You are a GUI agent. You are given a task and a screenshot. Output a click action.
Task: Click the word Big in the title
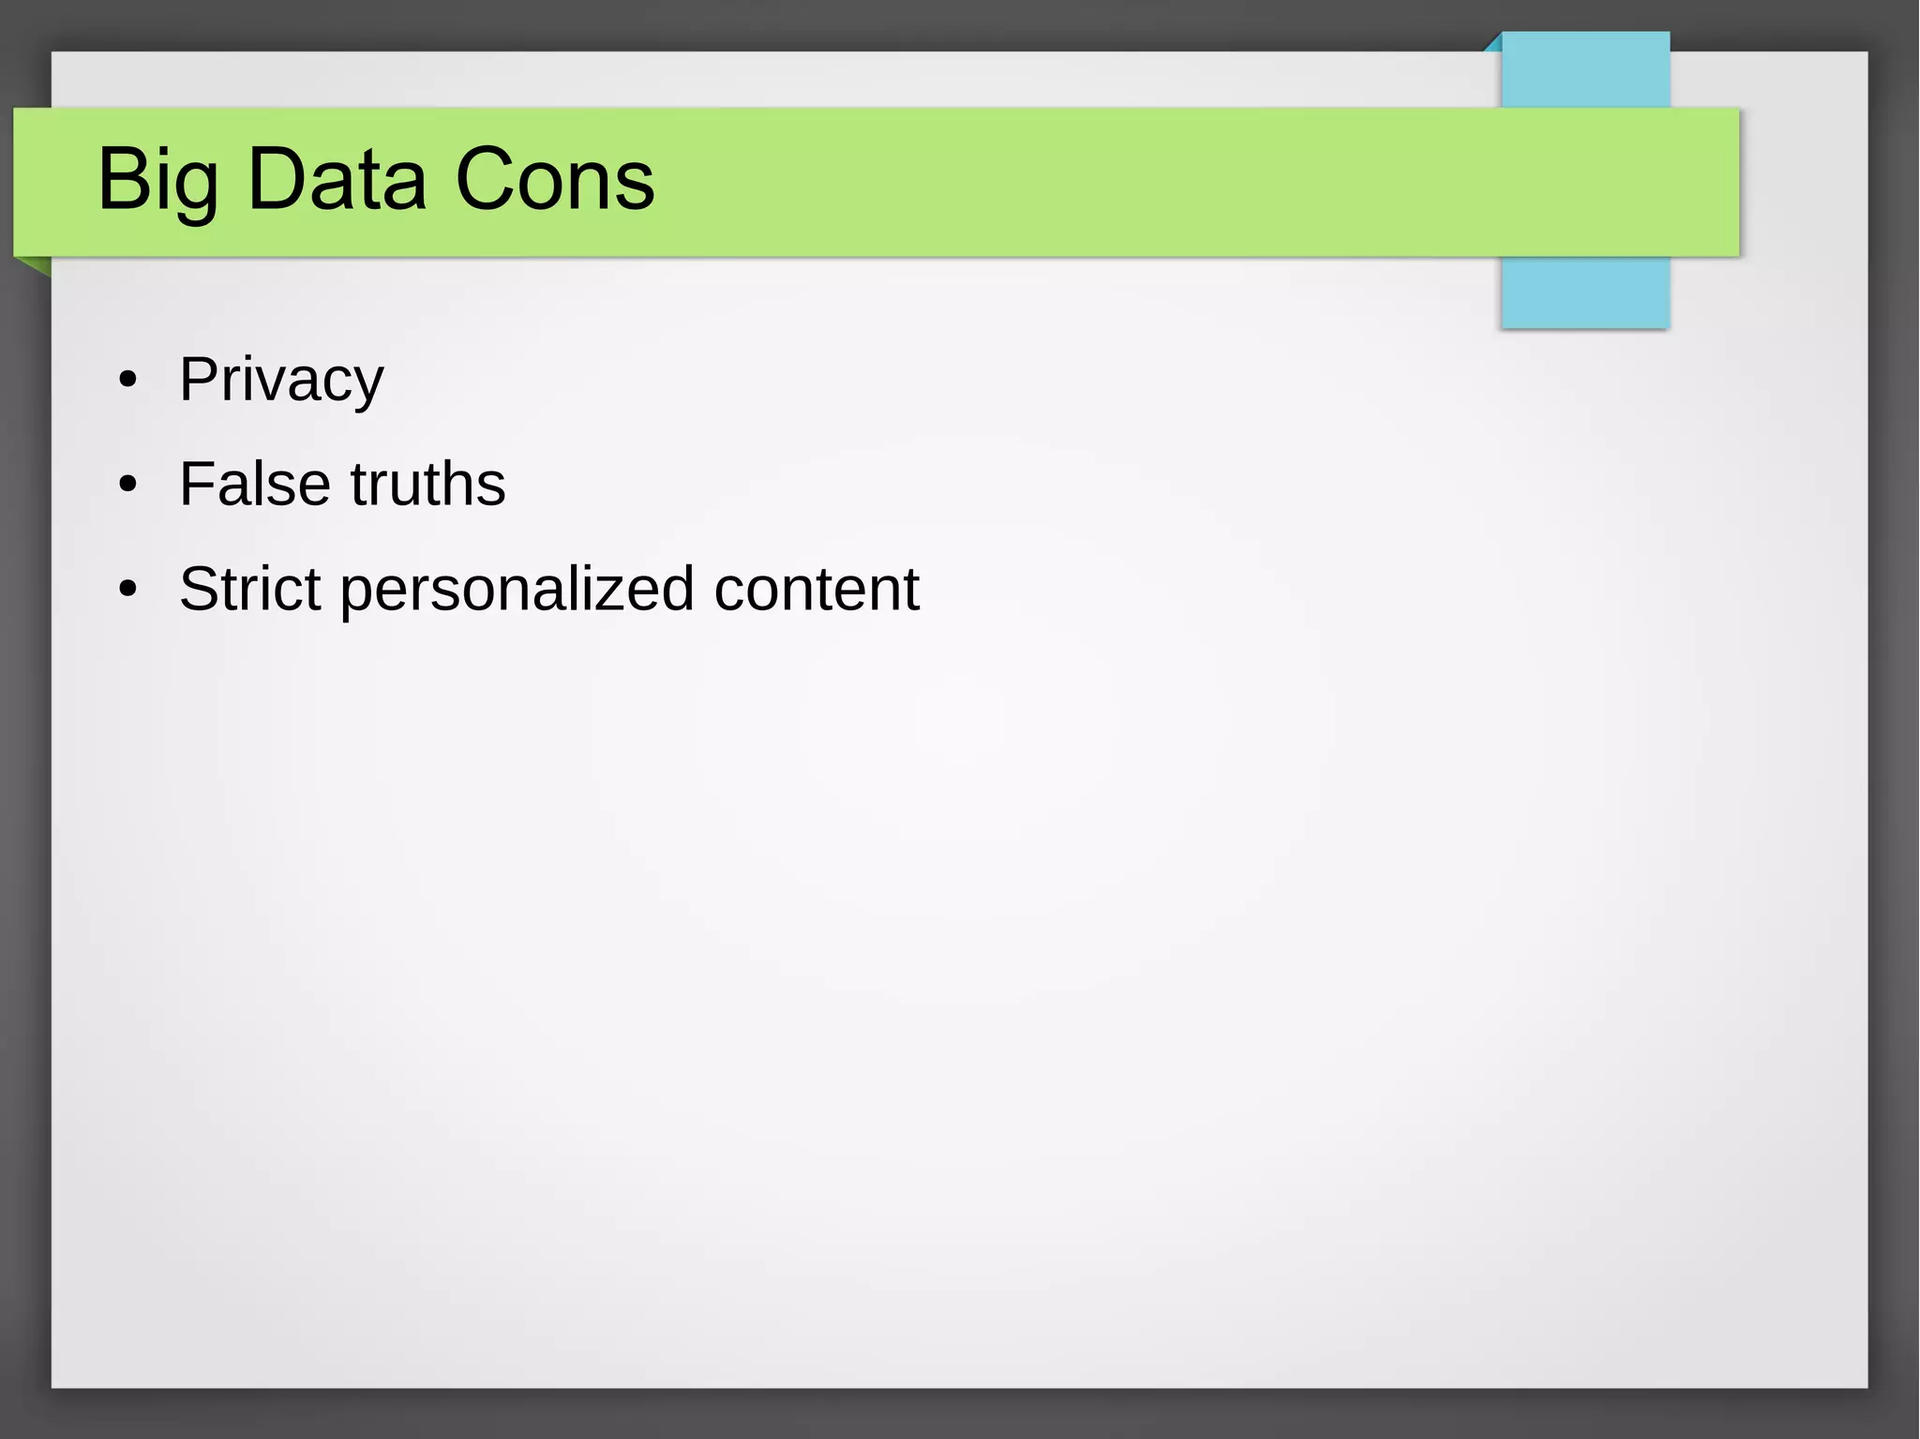coord(157,180)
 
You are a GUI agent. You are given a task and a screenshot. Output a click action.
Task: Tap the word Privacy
coord(281,380)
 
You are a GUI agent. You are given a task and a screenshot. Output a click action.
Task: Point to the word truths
coord(427,484)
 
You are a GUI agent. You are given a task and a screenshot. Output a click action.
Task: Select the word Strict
coord(250,589)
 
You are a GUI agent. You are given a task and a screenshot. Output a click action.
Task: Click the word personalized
coord(517,591)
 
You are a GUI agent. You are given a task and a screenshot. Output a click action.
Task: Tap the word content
coord(817,589)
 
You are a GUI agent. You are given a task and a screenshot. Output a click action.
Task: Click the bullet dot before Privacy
coord(128,381)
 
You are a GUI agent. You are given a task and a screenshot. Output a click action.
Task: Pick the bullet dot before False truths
coord(128,485)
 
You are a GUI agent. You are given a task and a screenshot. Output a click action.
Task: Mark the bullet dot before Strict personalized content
coord(128,590)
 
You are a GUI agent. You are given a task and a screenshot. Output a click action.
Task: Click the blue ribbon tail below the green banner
coord(1584,292)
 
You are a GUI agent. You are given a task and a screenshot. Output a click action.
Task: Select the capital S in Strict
coord(200,589)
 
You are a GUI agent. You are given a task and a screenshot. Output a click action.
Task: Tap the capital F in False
coord(199,484)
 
